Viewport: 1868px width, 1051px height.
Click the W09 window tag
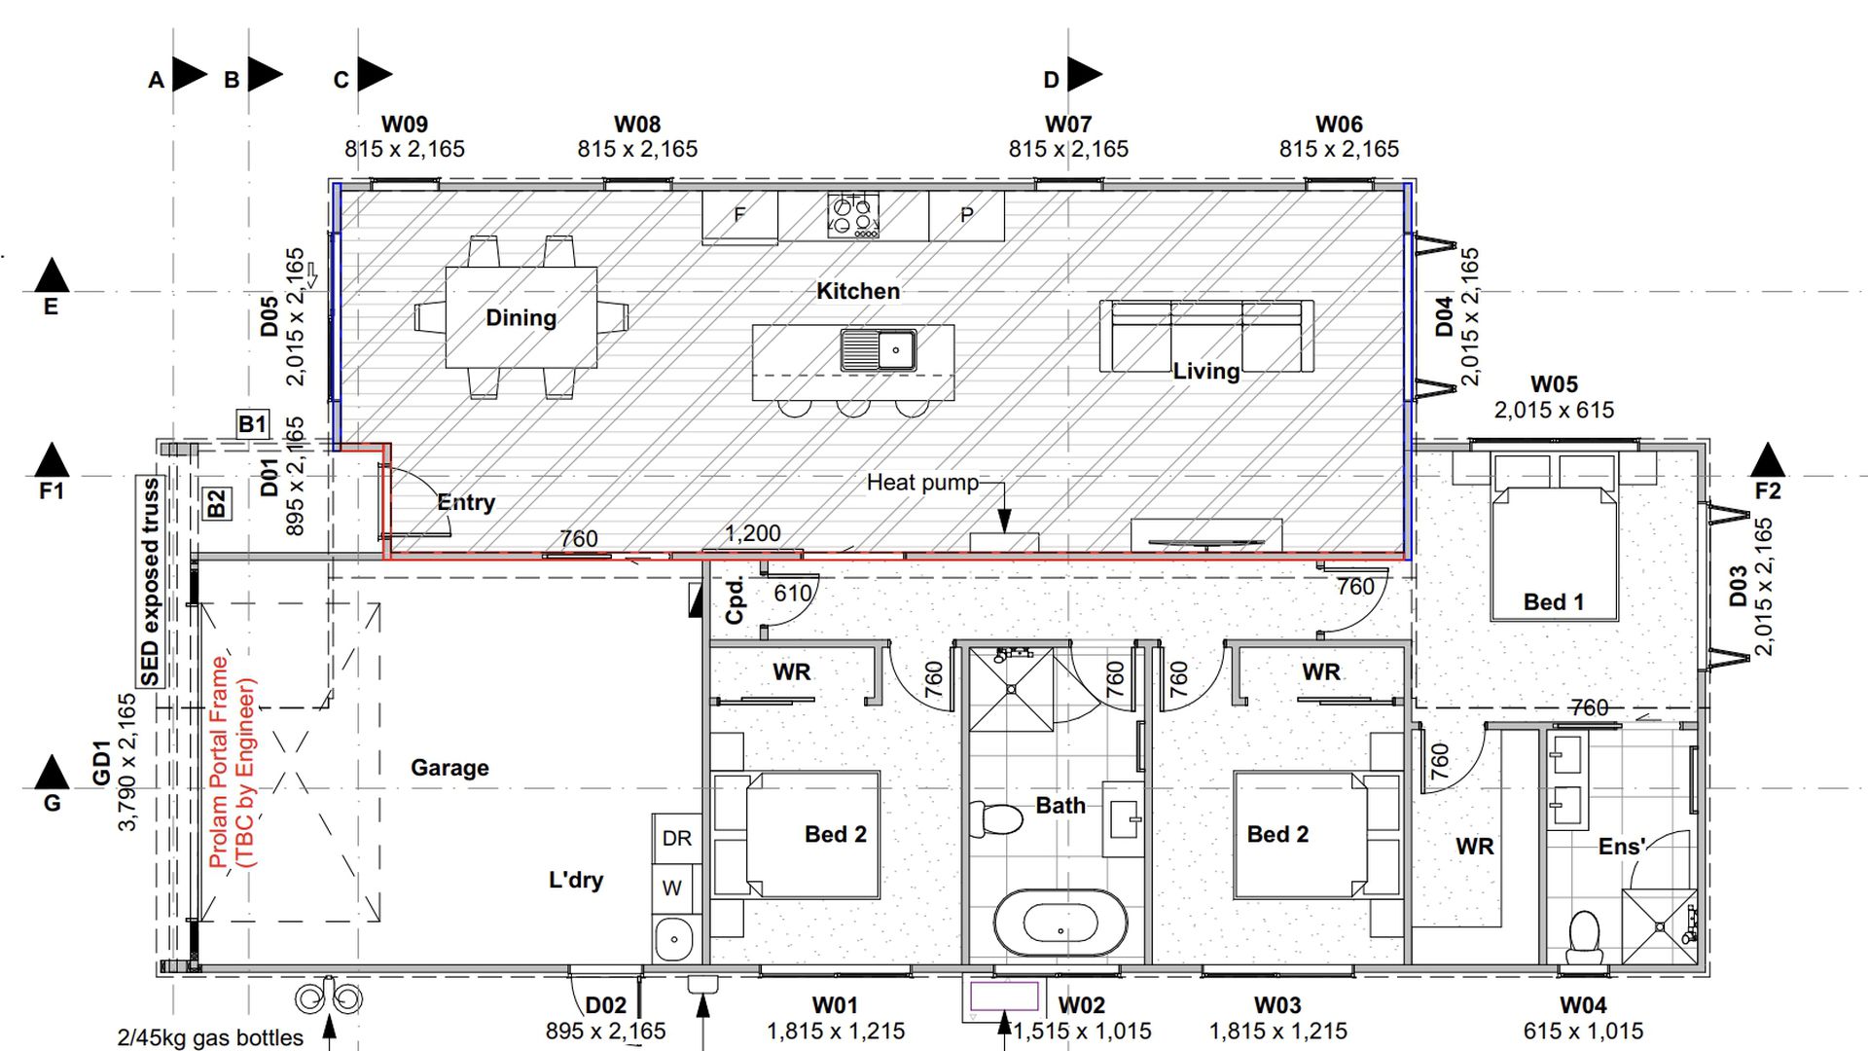pyautogui.click(x=404, y=125)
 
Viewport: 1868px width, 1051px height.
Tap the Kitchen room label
pyautogui.click(x=858, y=291)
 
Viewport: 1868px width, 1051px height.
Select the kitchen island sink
pyautogui.click(x=879, y=349)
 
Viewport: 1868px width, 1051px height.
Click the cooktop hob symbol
pyautogui.click(x=853, y=215)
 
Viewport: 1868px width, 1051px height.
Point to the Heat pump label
pyautogui.click(x=922, y=483)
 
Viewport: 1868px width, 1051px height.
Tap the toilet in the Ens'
pyautogui.click(x=1585, y=933)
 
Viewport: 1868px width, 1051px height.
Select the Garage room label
pyautogui.click(x=449, y=768)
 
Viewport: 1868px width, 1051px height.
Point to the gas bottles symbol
pyautogui.click(x=329, y=998)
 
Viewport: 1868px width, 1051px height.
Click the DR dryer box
pyautogui.click(x=676, y=838)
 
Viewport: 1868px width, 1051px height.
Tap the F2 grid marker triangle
pyautogui.click(x=1768, y=459)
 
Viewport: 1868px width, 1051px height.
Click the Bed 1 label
pyautogui.click(x=1554, y=602)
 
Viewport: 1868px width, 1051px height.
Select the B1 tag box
pyautogui.click(x=252, y=424)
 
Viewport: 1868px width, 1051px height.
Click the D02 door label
pyautogui.click(x=605, y=1005)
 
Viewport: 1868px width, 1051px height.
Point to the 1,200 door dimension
pyautogui.click(x=753, y=533)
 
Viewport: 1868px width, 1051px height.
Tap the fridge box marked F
pyautogui.click(x=739, y=216)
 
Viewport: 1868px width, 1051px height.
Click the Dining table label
pyautogui.click(x=521, y=318)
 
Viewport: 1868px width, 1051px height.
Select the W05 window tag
pyautogui.click(x=1554, y=385)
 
